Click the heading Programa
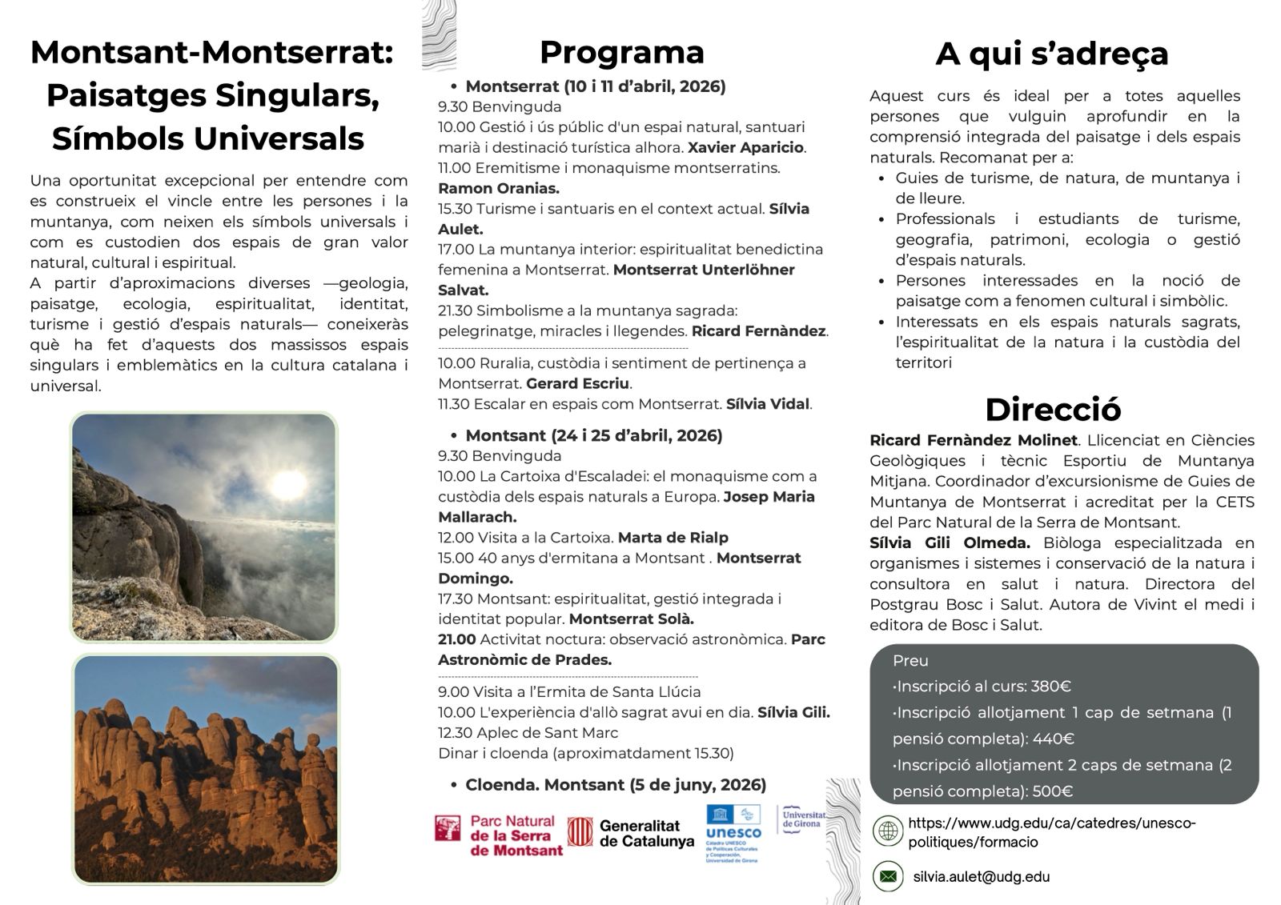[621, 53]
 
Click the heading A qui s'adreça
[1051, 54]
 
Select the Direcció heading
[1052, 410]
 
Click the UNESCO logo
[733, 832]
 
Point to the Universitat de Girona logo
[802, 819]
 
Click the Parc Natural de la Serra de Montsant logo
[499, 835]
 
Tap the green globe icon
[887, 831]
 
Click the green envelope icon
[887, 877]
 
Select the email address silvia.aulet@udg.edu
[981, 877]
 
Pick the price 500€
[1052, 791]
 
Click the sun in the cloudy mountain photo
[286, 483]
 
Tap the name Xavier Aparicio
[745, 148]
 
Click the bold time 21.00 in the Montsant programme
[456, 639]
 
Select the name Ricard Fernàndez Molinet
[974, 440]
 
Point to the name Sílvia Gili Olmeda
[950, 543]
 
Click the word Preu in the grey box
[910, 661]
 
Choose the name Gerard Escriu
[577, 384]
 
